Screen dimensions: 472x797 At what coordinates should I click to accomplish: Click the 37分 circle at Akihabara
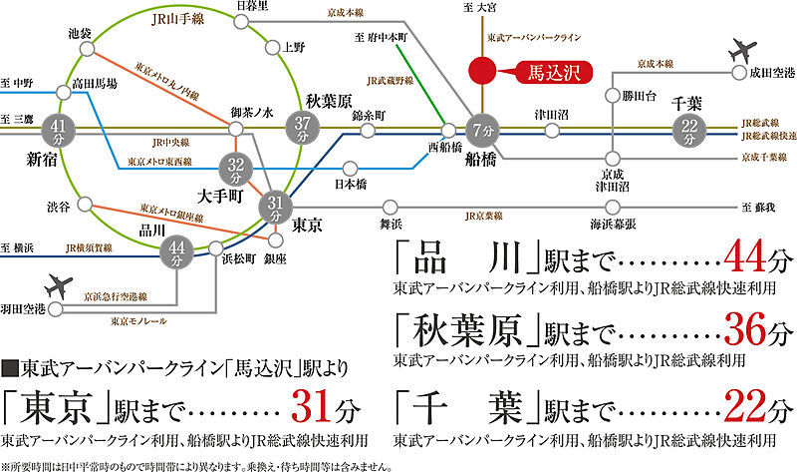(x=303, y=128)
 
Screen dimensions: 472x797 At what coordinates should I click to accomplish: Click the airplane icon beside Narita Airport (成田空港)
(x=742, y=50)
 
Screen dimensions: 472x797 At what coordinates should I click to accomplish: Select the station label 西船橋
(x=445, y=147)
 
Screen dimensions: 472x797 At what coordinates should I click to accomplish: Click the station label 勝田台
(x=639, y=97)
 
